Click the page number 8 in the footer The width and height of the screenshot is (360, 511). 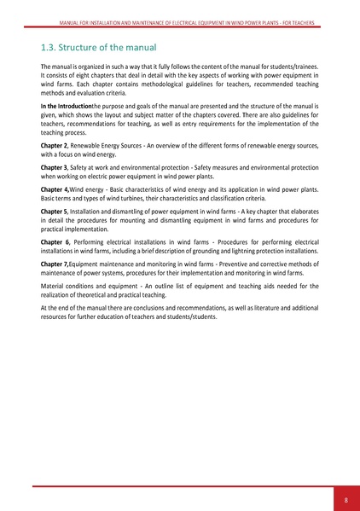click(345, 499)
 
